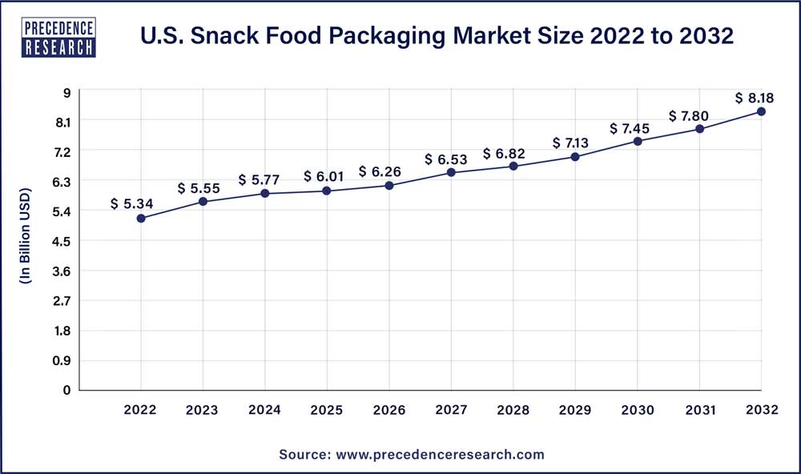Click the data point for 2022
click(141, 218)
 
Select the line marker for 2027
click(451, 172)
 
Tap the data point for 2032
click(761, 111)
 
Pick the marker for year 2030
click(638, 141)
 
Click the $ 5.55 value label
click(198, 187)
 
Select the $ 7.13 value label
click(571, 143)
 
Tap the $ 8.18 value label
click(755, 98)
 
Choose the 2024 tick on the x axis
click(265, 410)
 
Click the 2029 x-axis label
click(575, 410)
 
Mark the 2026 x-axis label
click(389, 410)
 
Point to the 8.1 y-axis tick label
click(62, 122)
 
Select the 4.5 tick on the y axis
click(62, 241)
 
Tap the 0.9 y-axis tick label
click(62, 360)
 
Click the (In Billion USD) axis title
click(25, 237)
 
